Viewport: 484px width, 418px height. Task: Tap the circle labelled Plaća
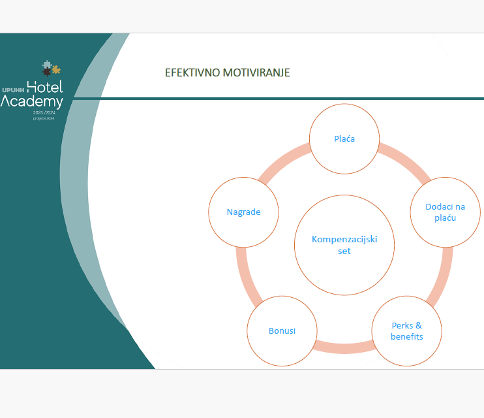(344, 138)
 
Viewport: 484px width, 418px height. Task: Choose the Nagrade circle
(243, 212)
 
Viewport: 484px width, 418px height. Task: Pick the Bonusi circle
(282, 330)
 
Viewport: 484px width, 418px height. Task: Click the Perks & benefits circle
(406, 330)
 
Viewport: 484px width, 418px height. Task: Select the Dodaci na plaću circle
(445, 212)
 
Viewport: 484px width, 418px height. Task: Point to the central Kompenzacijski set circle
(344, 261)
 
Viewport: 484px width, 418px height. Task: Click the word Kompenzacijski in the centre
(344, 239)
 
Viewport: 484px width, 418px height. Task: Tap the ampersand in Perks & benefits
(418, 325)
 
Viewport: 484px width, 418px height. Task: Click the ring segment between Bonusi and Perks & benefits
(344, 347)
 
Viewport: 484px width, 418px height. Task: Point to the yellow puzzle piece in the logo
(56, 68)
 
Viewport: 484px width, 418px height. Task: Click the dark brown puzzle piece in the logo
(46, 72)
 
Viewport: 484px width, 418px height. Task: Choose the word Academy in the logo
(32, 101)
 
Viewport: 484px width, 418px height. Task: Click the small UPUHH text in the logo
(13, 89)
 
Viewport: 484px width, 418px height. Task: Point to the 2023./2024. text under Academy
(45, 113)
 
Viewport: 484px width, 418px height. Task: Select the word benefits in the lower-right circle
(406, 336)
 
